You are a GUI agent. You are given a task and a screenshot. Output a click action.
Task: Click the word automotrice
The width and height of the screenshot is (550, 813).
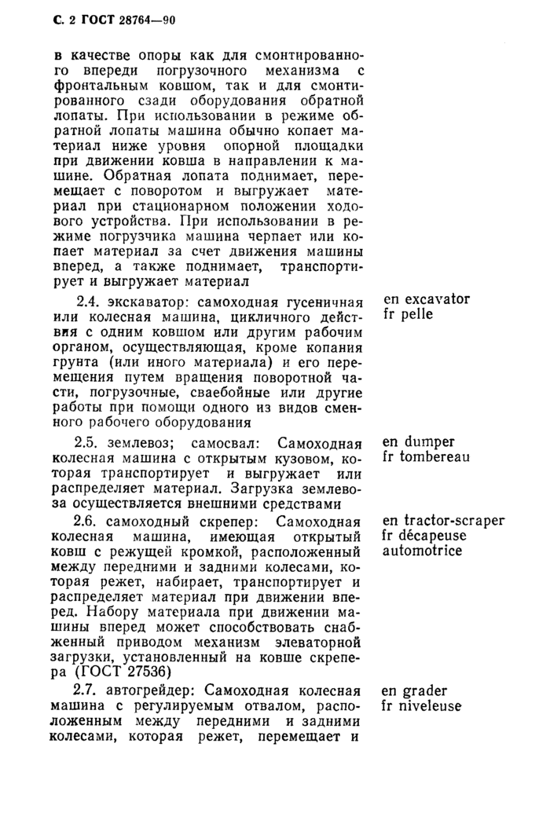420,551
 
